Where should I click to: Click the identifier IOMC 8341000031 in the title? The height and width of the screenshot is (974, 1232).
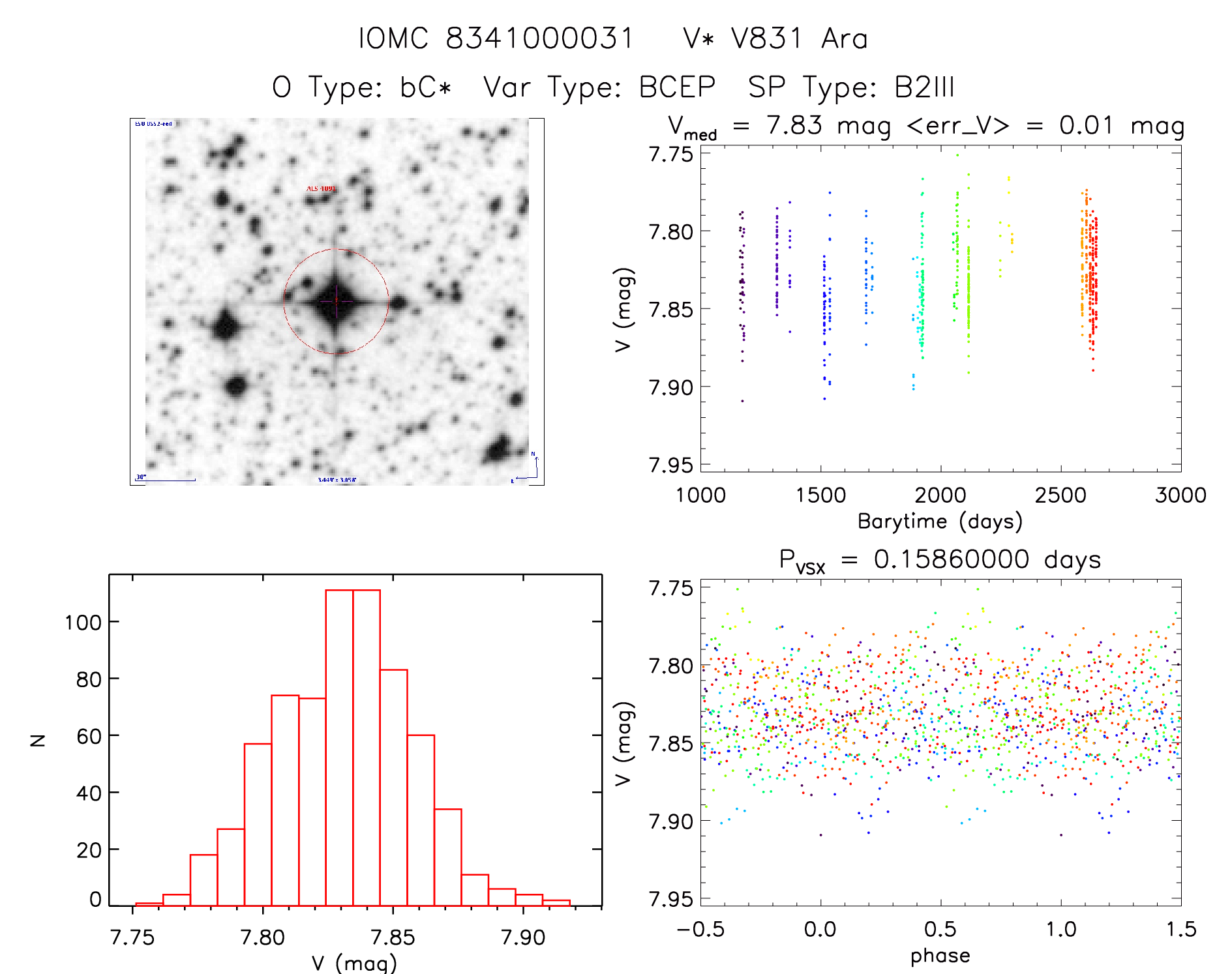(496, 38)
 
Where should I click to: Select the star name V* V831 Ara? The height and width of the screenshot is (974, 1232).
(775, 38)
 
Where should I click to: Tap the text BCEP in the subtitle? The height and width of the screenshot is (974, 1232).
(677, 87)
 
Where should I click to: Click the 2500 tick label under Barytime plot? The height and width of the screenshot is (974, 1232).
(1060, 495)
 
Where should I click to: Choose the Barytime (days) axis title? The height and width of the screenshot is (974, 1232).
(940, 521)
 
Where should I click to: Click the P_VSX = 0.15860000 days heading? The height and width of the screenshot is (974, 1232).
(940, 560)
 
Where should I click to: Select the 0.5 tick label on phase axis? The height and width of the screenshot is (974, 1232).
(940, 929)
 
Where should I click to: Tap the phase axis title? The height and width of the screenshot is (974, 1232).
(940, 956)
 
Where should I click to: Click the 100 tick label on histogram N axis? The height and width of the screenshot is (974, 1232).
(83, 623)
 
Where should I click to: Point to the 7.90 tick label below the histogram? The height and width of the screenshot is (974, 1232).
(522, 937)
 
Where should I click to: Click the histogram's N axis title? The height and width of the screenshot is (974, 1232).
(38, 740)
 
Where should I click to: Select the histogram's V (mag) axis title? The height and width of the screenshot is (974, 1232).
(354, 963)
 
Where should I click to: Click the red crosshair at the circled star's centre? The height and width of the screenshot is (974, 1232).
(336, 301)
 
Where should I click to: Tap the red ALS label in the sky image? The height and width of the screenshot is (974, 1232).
(321, 189)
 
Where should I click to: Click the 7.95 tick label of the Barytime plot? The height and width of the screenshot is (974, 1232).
(670, 465)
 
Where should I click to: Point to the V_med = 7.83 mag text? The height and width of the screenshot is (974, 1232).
(779, 126)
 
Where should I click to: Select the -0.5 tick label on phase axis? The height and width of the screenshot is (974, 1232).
(700, 929)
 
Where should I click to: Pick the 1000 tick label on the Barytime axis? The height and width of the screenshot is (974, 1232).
(700, 495)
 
